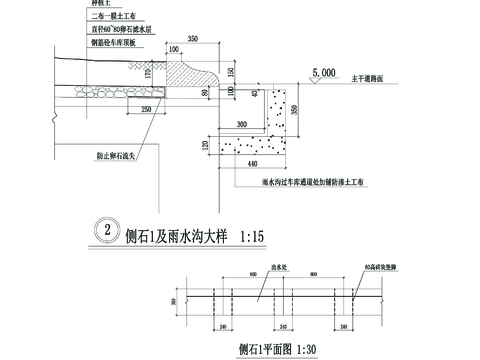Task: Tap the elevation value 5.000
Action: point(323,73)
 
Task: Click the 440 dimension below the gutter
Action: point(263,162)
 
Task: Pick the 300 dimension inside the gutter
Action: point(241,124)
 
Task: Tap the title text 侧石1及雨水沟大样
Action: point(176,240)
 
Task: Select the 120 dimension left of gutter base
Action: point(208,146)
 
